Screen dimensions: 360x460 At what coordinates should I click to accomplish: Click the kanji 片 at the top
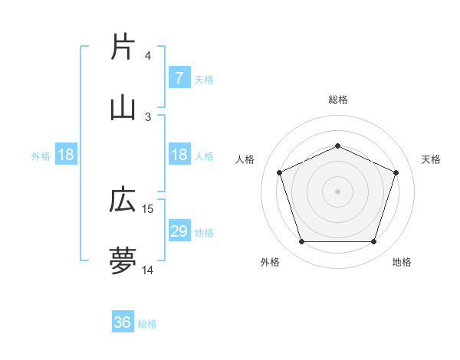(x=123, y=47)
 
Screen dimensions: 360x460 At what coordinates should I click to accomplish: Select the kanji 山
(x=123, y=108)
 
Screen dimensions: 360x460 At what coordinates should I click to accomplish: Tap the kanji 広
(x=123, y=200)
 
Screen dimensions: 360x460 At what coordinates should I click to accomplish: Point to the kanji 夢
(x=123, y=261)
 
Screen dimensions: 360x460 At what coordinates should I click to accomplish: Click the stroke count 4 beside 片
(x=148, y=56)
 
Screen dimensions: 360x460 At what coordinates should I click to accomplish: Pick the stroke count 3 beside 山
(x=148, y=116)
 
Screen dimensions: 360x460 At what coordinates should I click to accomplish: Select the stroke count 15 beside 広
(x=149, y=208)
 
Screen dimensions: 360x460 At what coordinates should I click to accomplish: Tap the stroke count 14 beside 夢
(x=149, y=270)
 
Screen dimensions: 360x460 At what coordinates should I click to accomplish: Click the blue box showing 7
(x=179, y=78)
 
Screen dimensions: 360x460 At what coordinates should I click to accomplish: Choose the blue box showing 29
(x=179, y=231)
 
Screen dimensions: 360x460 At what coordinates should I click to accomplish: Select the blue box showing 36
(x=123, y=323)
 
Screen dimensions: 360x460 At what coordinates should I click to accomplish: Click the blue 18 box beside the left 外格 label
(x=66, y=155)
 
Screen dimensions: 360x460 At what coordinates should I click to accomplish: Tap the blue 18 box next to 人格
(x=179, y=155)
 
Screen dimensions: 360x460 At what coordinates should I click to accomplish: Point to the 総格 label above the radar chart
(x=337, y=100)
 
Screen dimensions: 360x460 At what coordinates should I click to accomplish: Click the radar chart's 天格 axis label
(x=432, y=159)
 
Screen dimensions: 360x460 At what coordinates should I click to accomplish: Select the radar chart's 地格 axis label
(x=402, y=262)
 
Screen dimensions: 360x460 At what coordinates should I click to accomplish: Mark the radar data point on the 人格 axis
(x=279, y=172)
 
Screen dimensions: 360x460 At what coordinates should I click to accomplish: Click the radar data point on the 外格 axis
(x=301, y=242)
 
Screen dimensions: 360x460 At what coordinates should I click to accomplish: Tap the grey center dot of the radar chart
(x=337, y=191)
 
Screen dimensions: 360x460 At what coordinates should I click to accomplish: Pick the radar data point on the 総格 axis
(x=337, y=146)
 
